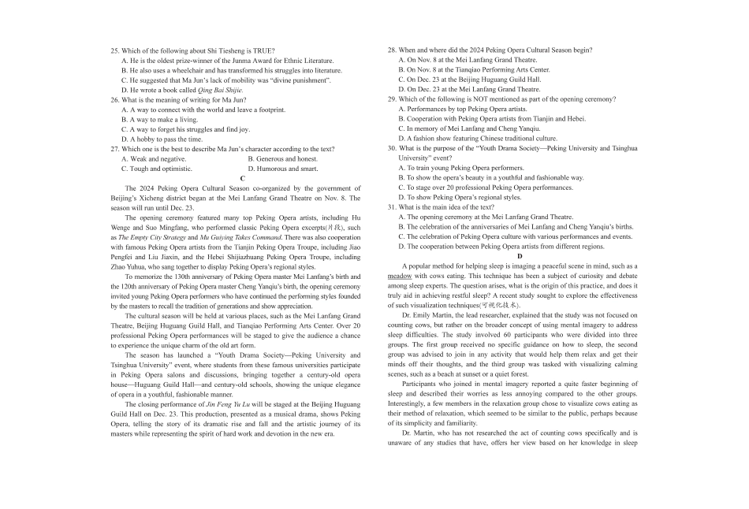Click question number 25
(115, 50)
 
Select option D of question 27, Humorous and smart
(283, 169)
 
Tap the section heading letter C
(242, 179)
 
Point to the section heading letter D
(520, 257)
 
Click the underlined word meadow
(400, 277)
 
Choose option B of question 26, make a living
(161, 120)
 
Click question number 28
(392, 50)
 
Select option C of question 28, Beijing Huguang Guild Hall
(469, 80)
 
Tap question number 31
(392, 207)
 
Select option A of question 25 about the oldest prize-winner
(227, 60)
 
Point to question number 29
(392, 99)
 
